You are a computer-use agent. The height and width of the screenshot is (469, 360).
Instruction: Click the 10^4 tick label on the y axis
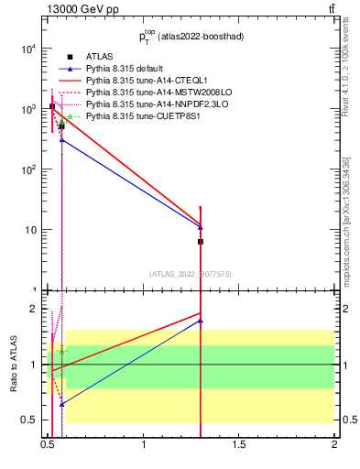(x=27, y=49)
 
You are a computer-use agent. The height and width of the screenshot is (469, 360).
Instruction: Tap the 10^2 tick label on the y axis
(x=27, y=169)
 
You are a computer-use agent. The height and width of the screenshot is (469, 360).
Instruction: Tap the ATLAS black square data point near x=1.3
(x=201, y=242)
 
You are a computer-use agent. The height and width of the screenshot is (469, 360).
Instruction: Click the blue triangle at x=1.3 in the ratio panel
(x=201, y=321)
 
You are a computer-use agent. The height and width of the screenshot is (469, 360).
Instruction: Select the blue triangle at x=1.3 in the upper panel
(x=201, y=227)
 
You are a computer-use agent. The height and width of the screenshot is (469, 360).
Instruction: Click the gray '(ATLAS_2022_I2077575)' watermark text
(x=191, y=273)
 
